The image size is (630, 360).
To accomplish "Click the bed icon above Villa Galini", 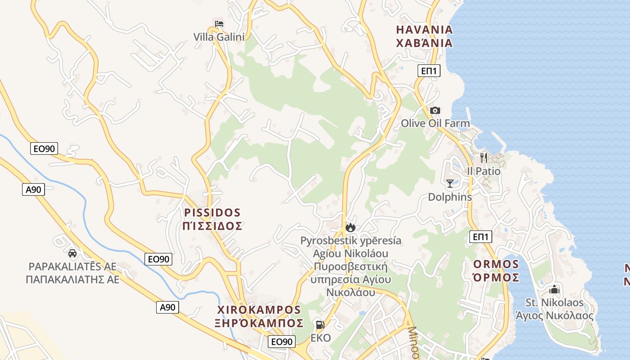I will (x=219, y=24).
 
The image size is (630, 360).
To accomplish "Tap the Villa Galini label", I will (x=219, y=37).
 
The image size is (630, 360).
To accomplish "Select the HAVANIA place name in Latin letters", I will (x=424, y=30).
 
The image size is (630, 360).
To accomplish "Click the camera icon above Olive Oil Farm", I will (x=435, y=110).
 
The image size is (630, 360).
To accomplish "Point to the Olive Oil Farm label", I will (x=435, y=123).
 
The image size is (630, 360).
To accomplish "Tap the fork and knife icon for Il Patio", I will (x=484, y=157).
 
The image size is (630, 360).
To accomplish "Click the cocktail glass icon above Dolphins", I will (x=450, y=183).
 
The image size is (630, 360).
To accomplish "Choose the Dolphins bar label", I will (x=450, y=197).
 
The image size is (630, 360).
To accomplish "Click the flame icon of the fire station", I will (x=351, y=227).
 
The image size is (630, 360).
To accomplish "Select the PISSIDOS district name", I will (x=213, y=212).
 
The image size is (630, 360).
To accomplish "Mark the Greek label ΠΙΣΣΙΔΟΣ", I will (x=213, y=226).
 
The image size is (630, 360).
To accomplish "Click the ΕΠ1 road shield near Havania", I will (x=429, y=71).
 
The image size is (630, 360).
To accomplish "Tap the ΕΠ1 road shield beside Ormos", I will (x=481, y=237).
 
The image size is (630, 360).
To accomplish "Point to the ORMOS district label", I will (x=496, y=264).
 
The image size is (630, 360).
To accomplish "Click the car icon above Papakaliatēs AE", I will (x=72, y=253).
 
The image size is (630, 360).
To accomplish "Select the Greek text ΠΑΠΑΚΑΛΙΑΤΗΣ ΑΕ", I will (x=72, y=279).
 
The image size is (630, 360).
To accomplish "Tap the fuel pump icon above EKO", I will (x=320, y=324).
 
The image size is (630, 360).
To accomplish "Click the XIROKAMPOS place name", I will (x=259, y=310).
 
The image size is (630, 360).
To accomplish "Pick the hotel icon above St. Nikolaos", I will (x=554, y=289).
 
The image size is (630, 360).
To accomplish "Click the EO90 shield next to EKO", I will (x=282, y=342).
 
